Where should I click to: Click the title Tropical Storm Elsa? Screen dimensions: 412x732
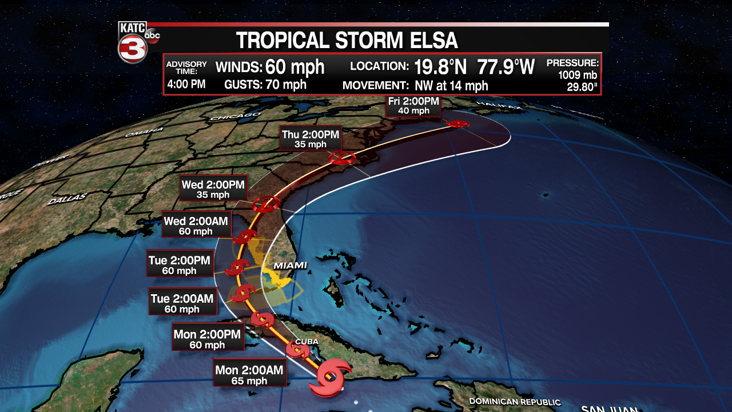(x=347, y=41)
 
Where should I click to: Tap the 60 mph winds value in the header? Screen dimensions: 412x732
(x=295, y=67)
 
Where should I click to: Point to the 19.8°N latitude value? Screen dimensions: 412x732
(x=440, y=67)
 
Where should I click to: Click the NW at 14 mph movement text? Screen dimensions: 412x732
(x=448, y=85)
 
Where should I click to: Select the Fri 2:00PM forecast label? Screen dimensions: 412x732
(x=413, y=106)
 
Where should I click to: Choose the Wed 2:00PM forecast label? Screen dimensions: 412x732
(x=213, y=189)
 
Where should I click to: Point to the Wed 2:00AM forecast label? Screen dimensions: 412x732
(x=196, y=225)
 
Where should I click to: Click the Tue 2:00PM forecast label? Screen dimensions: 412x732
(x=180, y=265)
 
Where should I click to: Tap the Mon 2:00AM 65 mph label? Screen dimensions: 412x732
(x=249, y=375)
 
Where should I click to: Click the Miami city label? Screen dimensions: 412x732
(x=290, y=266)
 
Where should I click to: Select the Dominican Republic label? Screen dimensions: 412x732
(x=515, y=402)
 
